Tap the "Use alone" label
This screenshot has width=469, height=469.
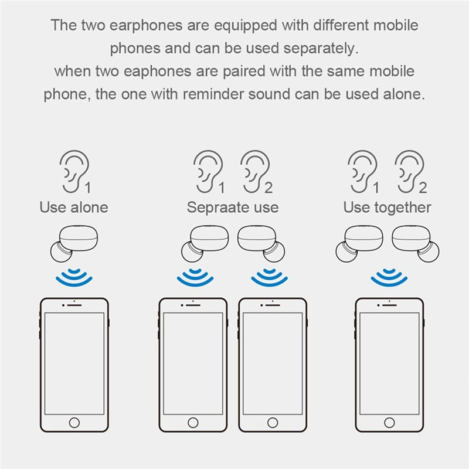point(74,208)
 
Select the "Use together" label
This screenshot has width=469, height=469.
point(387,208)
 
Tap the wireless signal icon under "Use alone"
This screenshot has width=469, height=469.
point(74,276)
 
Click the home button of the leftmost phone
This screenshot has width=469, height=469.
point(74,422)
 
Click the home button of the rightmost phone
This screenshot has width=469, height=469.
point(390,422)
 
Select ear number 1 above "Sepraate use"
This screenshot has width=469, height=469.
point(207,171)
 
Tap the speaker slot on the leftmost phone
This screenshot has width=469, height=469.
point(74,305)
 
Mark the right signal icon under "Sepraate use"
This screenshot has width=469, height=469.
point(270,276)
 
